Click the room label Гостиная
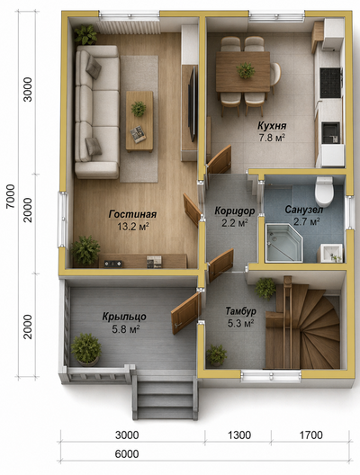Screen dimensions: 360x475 point(132,214)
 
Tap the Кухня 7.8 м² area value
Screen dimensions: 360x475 point(272,138)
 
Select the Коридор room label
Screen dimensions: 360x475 point(235,211)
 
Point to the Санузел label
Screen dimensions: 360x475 point(304,210)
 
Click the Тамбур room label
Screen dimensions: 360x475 point(241,311)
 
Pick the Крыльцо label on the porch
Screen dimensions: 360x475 point(124,317)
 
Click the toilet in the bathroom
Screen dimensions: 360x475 point(324,191)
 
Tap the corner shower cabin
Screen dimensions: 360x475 point(283,242)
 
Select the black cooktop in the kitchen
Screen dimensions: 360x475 point(330,83)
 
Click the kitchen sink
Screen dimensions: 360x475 point(330,132)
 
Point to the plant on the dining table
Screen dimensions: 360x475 point(246,70)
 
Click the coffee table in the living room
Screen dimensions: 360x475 point(139,121)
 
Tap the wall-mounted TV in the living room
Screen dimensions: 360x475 point(192,103)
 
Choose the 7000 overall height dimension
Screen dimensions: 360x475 point(10,196)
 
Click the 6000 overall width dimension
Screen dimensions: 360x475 point(127,453)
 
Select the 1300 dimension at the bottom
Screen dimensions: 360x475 point(239,435)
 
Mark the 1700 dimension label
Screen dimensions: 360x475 point(310,435)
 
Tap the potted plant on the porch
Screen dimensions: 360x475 point(86,349)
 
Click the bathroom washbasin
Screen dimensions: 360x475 point(331,253)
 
